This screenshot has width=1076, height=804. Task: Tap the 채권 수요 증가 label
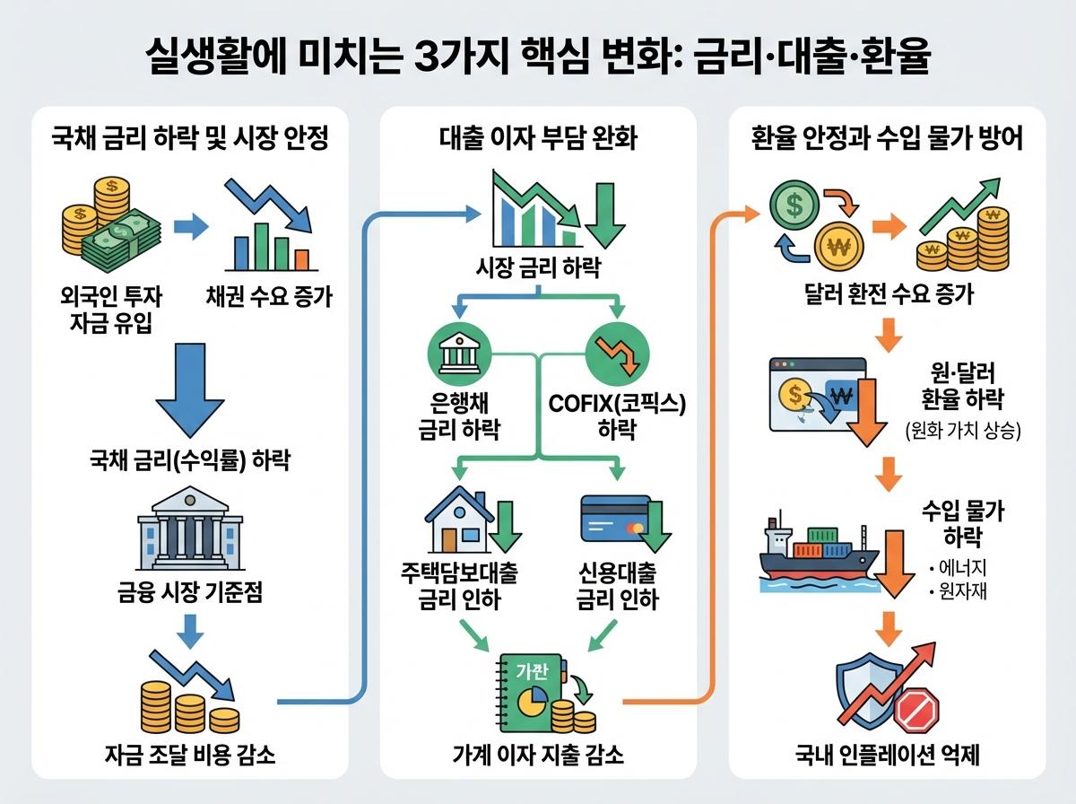[x=269, y=295]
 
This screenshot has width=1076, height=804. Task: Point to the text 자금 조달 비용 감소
[x=189, y=756]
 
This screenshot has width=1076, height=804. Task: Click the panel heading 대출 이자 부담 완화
[x=538, y=141]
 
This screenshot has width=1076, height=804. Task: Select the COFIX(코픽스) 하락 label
[x=617, y=415]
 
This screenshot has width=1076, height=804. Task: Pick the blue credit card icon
[x=612, y=519]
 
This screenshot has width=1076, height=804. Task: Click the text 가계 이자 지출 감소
[x=538, y=756]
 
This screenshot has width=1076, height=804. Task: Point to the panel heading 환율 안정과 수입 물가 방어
[x=887, y=141]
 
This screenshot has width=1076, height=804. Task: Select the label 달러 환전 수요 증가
[x=887, y=293]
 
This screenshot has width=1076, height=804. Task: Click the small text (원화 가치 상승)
[x=963, y=431]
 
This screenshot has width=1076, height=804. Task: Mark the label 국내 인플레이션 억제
[x=887, y=756]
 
